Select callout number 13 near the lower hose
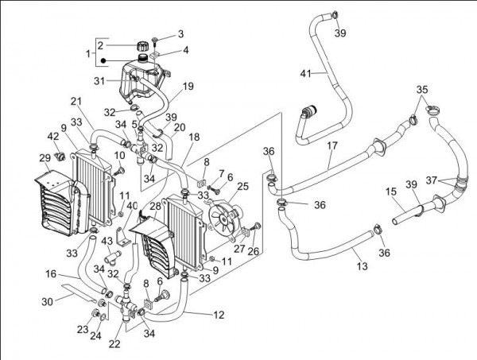click(x=362, y=266)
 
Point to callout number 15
click(x=391, y=192)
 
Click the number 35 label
click(x=422, y=90)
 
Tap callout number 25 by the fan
click(x=242, y=187)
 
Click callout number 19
click(x=188, y=86)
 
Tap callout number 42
click(x=53, y=137)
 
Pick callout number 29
click(x=45, y=159)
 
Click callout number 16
click(x=50, y=273)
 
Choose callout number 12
click(x=219, y=315)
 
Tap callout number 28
click(x=156, y=206)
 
